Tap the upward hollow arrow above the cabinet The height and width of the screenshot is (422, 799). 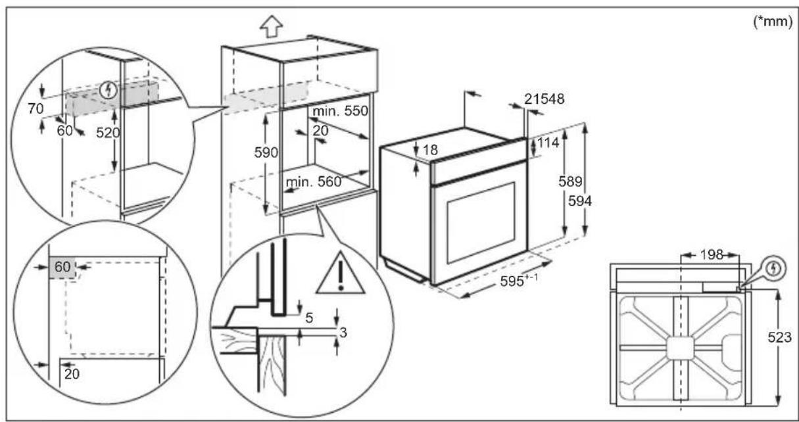[272, 26]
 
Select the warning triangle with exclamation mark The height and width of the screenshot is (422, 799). [340, 275]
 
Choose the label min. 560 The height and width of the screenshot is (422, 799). [314, 182]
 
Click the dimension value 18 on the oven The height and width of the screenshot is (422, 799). [431, 150]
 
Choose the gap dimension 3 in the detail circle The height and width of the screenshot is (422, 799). [343, 332]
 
